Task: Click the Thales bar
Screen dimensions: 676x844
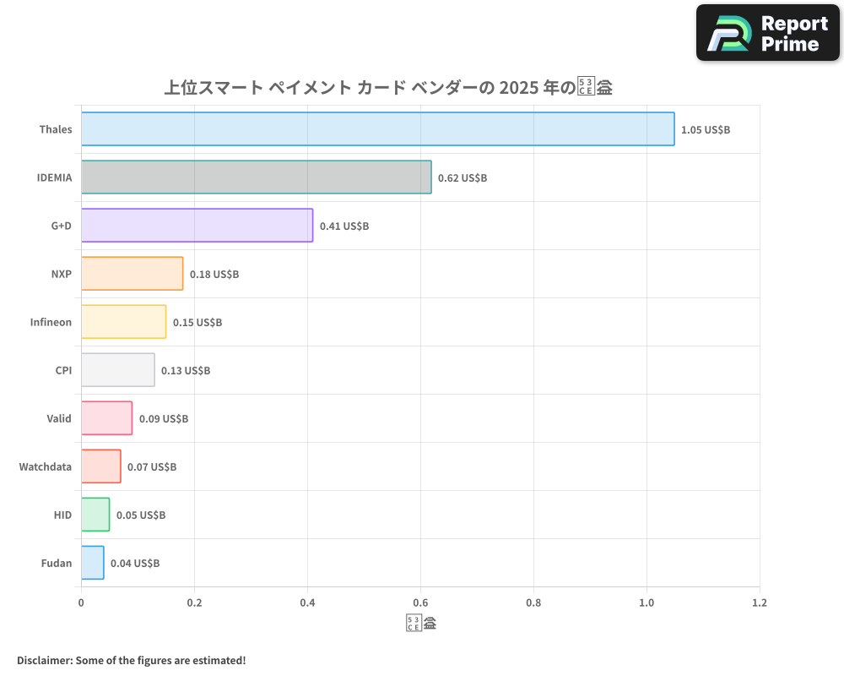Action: pyautogui.click(x=377, y=129)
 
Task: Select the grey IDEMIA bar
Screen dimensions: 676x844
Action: pyautogui.click(x=256, y=177)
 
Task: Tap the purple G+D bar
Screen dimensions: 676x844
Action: pyautogui.click(x=197, y=226)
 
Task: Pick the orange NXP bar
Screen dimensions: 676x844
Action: pyautogui.click(x=132, y=274)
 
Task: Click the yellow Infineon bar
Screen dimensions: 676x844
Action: pyautogui.click(x=123, y=322)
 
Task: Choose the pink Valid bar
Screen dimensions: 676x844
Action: pyautogui.click(x=106, y=418)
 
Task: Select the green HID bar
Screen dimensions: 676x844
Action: pyautogui.click(x=95, y=515)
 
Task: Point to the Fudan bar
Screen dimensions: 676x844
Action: pyautogui.click(x=92, y=563)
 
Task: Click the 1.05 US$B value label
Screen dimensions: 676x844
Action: pyautogui.click(x=705, y=130)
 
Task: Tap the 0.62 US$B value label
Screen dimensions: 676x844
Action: pyautogui.click(x=463, y=178)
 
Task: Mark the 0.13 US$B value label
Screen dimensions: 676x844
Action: pyautogui.click(x=186, y=371)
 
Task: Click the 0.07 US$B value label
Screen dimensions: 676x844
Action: pyautogui.click(x=152, y=467)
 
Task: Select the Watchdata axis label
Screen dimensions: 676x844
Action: pyautogui.click(x=46, y=466)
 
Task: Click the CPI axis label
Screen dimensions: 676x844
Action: pyautogui.click(x=63, y=370)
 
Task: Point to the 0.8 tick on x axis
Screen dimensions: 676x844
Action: pyautogui.click(x=533, y=603)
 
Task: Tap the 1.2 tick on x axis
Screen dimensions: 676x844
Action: pyautogui.click(x=759, y=603)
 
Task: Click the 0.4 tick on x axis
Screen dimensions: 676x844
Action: pyautogui.click(x=307, y=603)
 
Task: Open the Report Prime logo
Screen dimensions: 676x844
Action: pyautogui.click(x=768, y=33)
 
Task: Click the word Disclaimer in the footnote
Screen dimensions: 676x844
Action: pyautogui.click(x=44, y=660)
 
